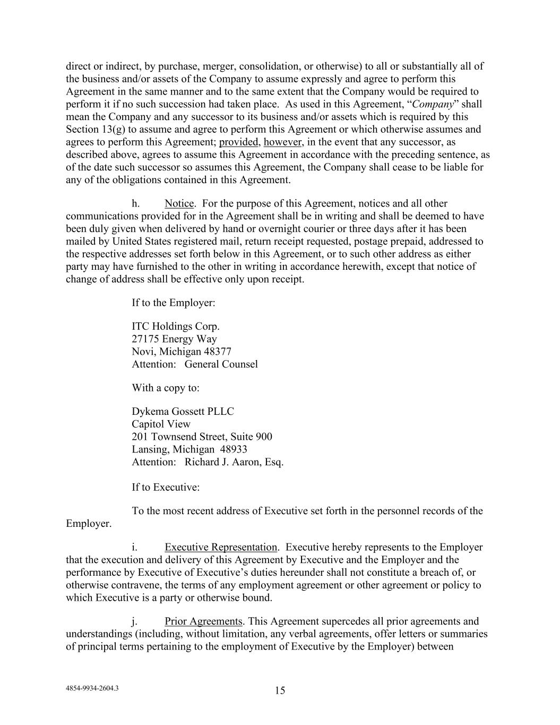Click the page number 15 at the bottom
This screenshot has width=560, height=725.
pos(280,690)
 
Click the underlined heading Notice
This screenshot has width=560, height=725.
pos(179,203)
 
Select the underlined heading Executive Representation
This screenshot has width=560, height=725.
pos(220,547)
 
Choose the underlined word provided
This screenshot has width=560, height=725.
pos(239,142)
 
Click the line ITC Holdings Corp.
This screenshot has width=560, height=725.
pos(175,326)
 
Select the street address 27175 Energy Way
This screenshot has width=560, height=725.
pos(174,339)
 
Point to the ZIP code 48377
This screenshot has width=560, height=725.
pos(218,352)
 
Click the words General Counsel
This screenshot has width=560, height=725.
pos(221,364)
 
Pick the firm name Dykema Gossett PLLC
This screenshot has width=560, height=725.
pos(183,412)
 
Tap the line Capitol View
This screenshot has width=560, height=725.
pos(161,424)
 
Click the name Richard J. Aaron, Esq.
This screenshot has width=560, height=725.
pos(234,462)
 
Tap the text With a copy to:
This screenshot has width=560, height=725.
pos(166,388)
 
